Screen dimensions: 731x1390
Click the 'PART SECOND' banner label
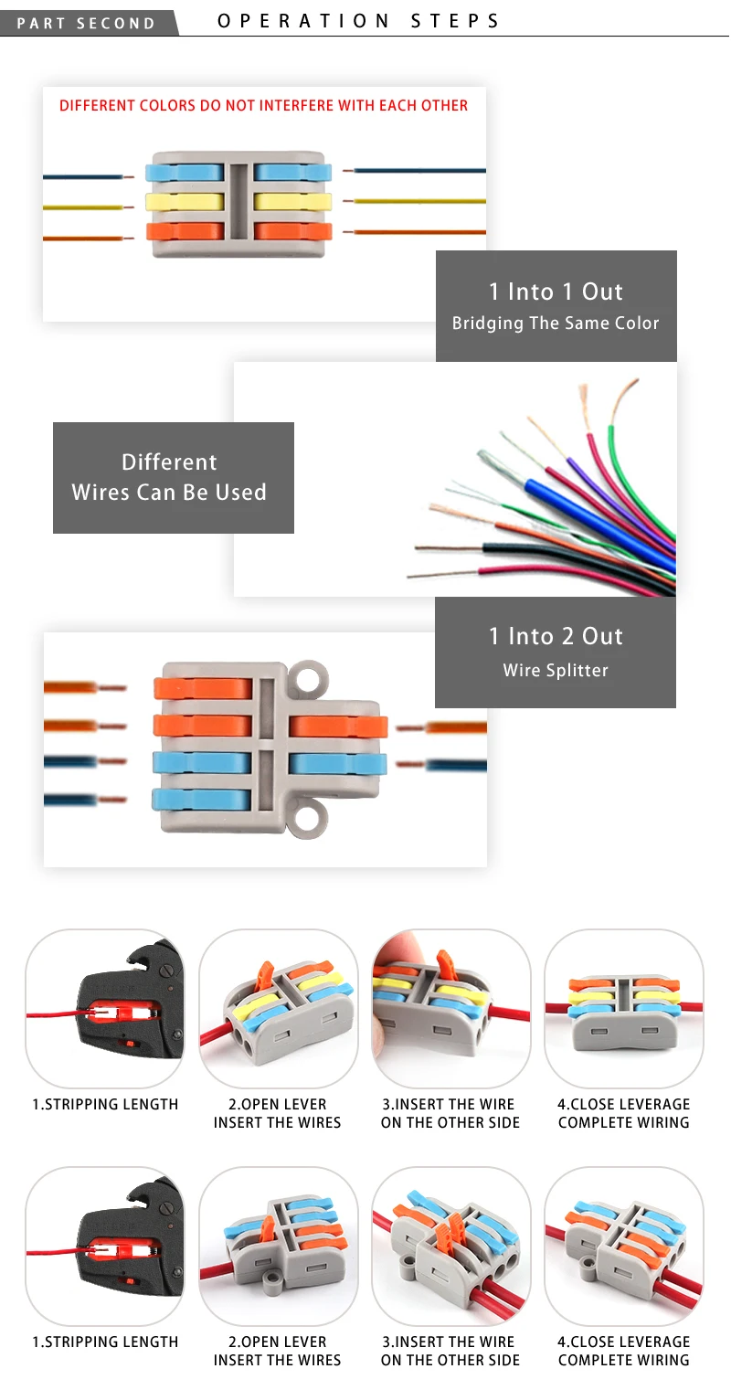[x=86, y=24]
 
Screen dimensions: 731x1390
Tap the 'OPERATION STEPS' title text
[x=359, y=21]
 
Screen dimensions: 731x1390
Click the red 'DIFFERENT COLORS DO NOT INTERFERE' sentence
[x=264, y=105]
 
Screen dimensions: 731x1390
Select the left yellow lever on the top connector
[x=185, y=201]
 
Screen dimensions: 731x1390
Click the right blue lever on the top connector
[x=292, y=172]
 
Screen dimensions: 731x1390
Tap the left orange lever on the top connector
[x=185, y=231]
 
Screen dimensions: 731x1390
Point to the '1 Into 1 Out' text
[x=556, y=292]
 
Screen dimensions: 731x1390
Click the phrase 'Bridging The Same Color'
[x=556, y=324]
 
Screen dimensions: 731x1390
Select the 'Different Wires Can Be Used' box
[x=173, y=478]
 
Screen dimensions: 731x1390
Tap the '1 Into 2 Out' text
[x=556, y=636]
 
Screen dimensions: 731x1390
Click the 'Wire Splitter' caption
[x=556, y=670]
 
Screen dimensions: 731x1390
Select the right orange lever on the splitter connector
[x=338, y=727]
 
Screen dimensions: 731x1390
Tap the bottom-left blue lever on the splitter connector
[x=202, y=800]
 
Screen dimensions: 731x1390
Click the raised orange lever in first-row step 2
[x=266, y=974]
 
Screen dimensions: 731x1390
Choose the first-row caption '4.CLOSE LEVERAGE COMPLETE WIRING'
[x=624, y=1113]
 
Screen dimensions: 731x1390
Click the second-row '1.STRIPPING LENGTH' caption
[x=105, y=1342]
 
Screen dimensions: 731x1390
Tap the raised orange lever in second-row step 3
[x=444, y=1231]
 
